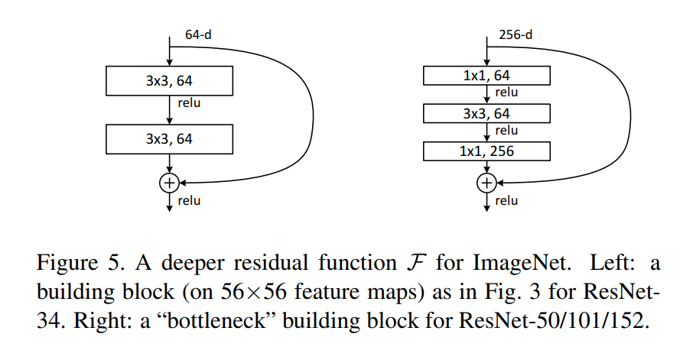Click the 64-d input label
(x=198, y=34)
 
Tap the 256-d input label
(x=515, y=34)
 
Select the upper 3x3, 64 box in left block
(x=169, y=81)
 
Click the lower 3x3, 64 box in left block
(x=169, y=139)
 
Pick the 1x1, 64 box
(x=486, y=76)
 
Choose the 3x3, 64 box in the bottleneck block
(x=486, y=113)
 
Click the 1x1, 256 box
(x=486, y=151)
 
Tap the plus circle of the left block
(x=169, y=183)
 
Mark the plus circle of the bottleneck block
(x=486, y=183)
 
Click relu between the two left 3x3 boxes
(x=189, y=103)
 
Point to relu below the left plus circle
(x=189, y=201)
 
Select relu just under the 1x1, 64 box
(x=506, y=92)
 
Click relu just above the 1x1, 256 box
(x=506, y=131)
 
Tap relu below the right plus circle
(x=506, y=201)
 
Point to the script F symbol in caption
(x=416, y=262)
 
